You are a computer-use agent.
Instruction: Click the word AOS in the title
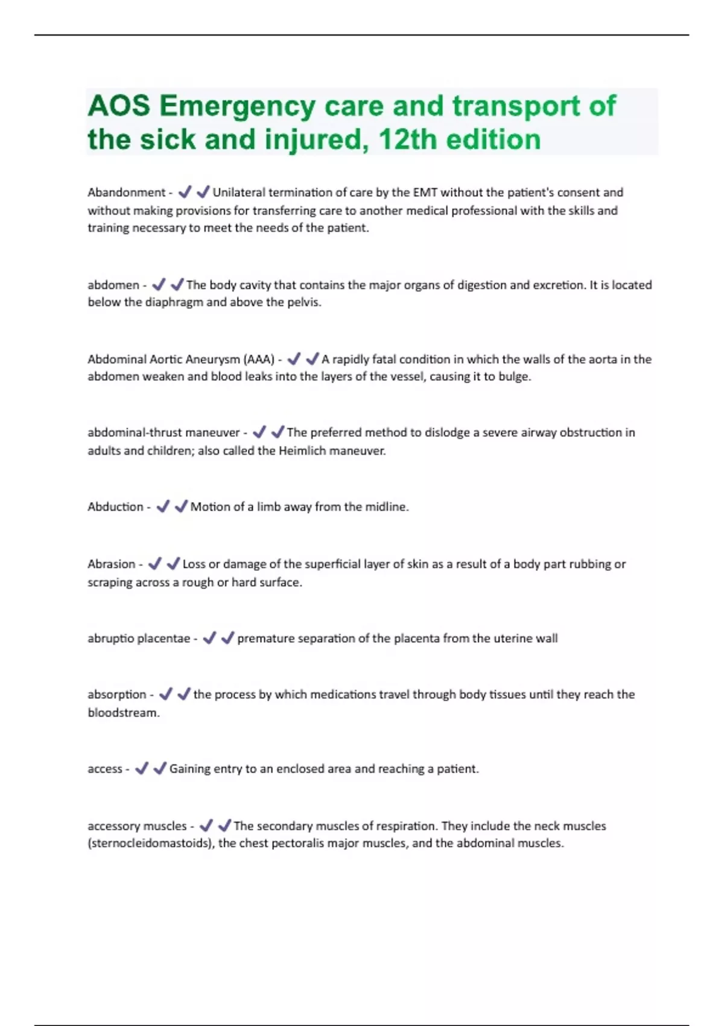click(119, 106)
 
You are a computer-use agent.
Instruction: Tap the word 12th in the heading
click(407, 140)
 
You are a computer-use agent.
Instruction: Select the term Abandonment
click(126, 193)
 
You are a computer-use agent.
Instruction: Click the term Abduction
click(115, 507)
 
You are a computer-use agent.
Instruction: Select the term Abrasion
click(111, 564)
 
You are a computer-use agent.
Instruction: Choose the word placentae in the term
click(164, 639)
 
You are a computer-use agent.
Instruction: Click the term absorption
click(117, 695)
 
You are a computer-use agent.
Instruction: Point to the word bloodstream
click(123, 713)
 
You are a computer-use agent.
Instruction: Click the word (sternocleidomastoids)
click(151, 843)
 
